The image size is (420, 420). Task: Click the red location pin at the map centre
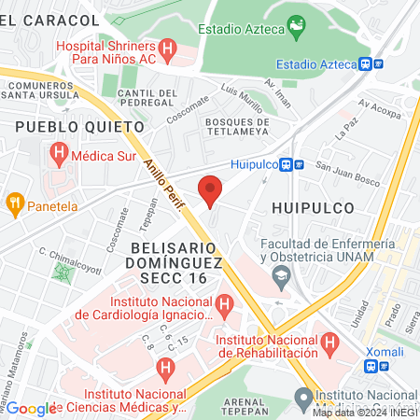pos(211,190)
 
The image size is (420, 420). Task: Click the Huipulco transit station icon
pos(299,164)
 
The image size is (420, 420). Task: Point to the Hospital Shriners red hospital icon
pos(168,48)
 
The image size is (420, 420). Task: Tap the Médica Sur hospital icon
pos(61,150)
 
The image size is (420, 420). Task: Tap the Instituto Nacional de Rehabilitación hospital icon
pos(329,345)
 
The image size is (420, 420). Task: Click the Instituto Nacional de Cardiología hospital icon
pos(224,304)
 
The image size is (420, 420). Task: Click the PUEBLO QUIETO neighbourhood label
pos(79,124)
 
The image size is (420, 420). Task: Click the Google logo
pos(31,408)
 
